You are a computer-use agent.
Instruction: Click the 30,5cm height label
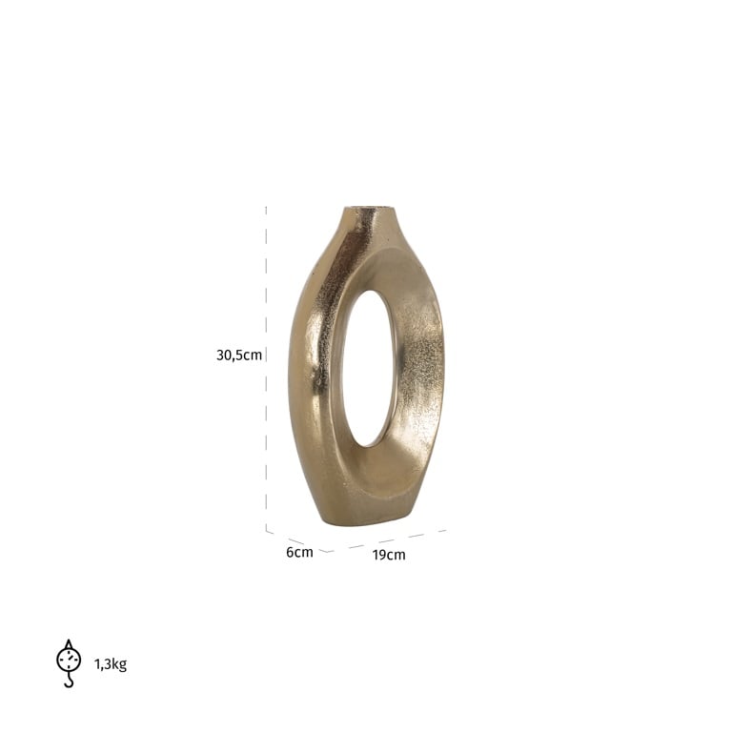tap(238, 356)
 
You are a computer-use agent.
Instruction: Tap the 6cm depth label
tap(298, 552)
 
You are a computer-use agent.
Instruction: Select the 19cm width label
tap(389, 555)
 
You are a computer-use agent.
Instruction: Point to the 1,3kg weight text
tap(111, 664)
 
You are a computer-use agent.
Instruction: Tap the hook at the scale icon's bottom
tap(69, 681)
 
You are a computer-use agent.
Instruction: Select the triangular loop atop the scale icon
tap(69, 643)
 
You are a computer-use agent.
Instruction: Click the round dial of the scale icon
tap(69, 659)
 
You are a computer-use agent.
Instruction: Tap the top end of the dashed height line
tap(266, 207)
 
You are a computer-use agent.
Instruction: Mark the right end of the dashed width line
tap(444, 530)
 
